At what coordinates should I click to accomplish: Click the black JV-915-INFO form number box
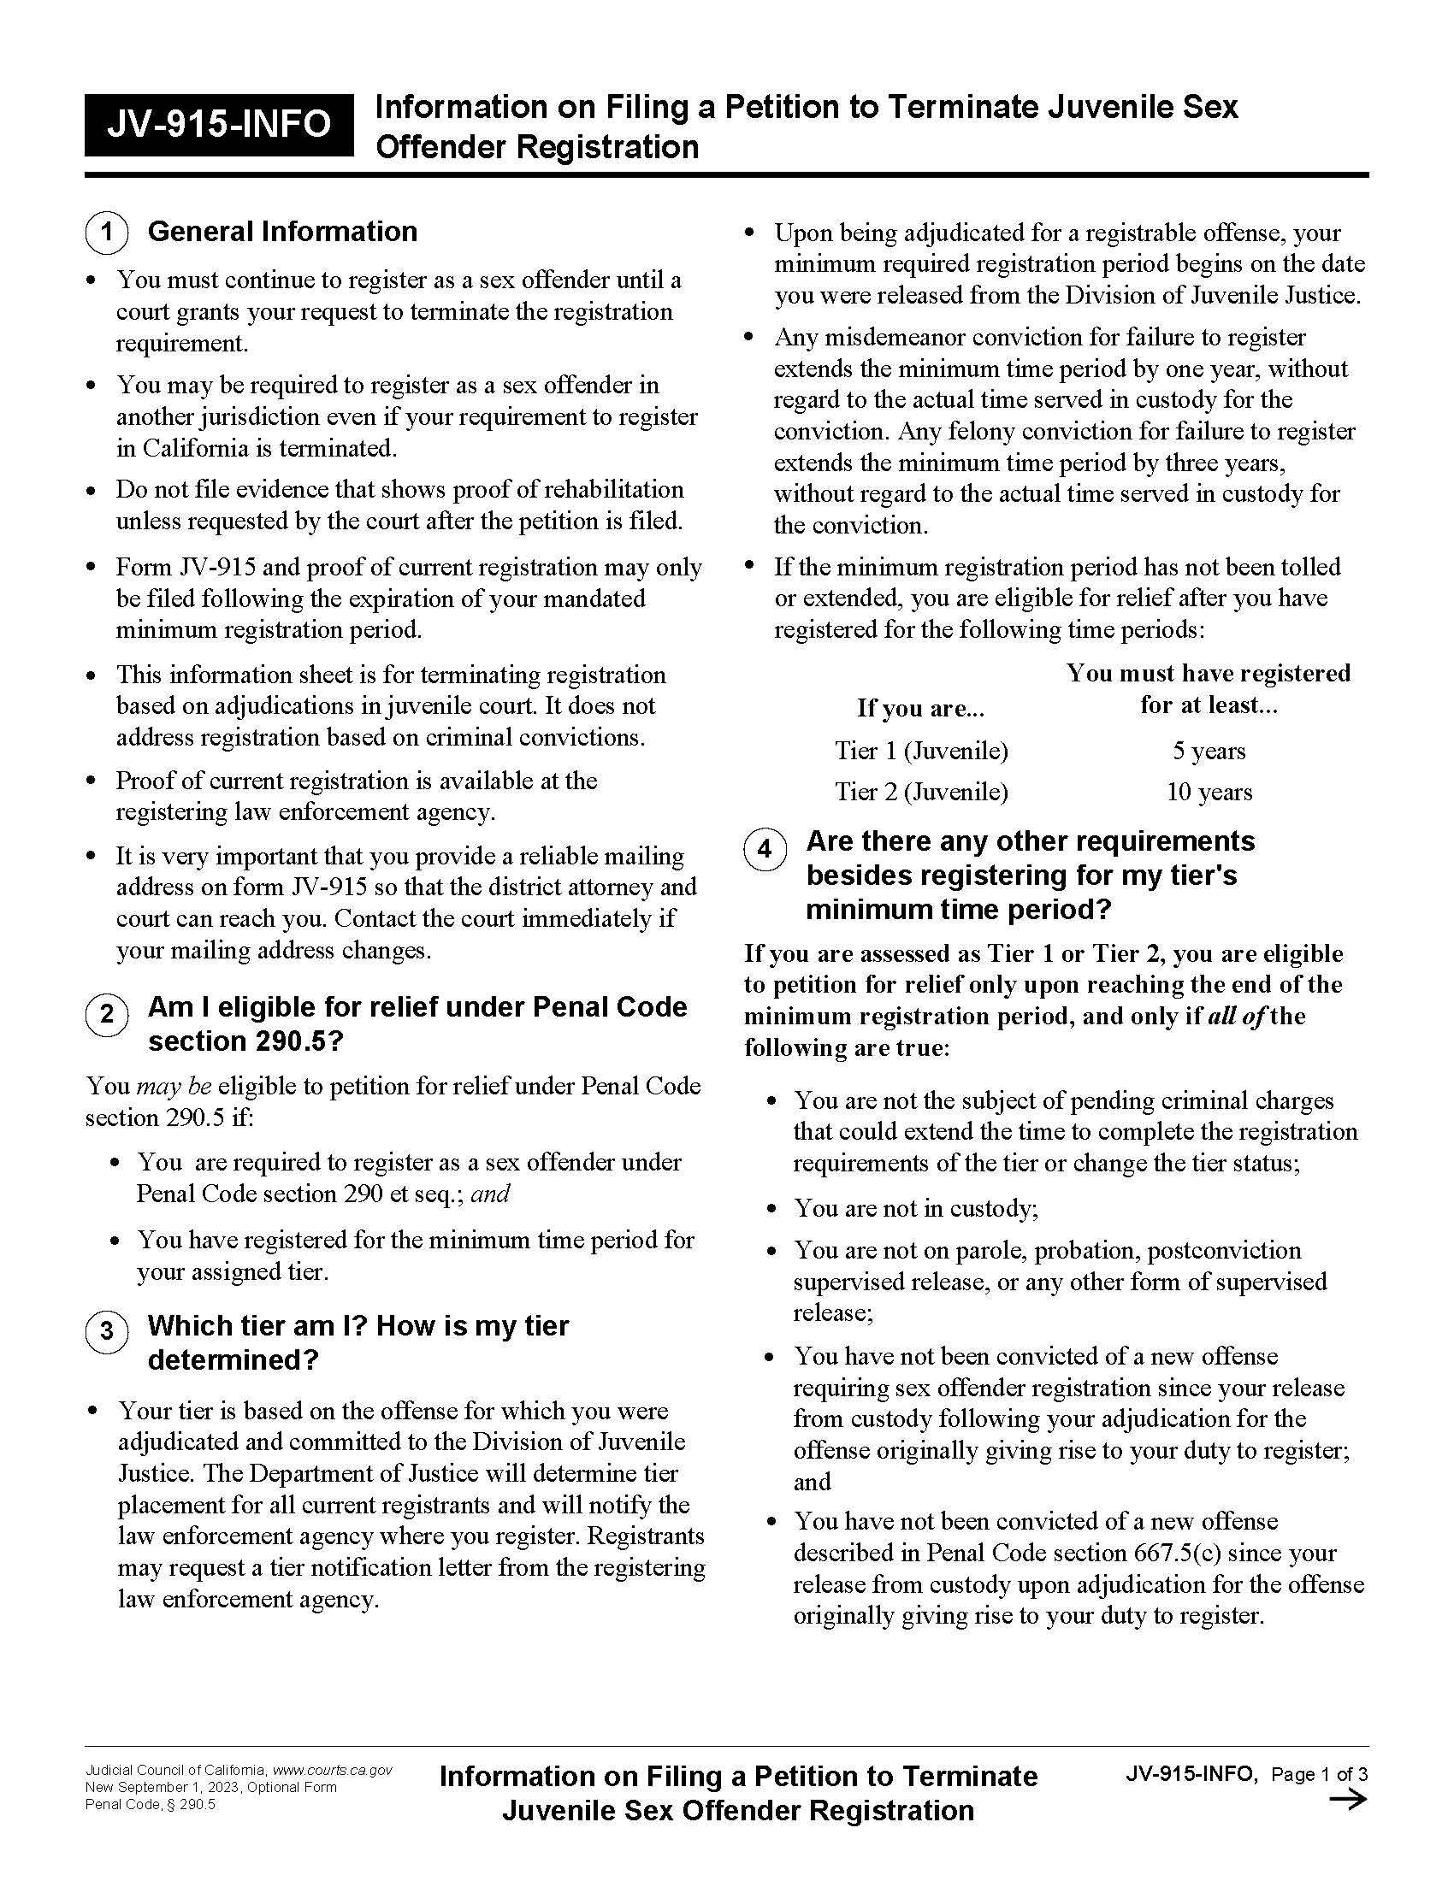(219, 125)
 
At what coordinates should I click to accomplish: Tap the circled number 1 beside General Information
(107, 233)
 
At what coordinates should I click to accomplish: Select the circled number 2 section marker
(107, 1014)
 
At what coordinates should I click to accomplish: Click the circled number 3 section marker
(107, 1331)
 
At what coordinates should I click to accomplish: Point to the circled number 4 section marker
(765, 849)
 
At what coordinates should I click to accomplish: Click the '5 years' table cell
(1209, 751)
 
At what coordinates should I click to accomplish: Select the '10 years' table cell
(1209, 793)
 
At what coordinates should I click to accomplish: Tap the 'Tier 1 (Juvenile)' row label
(921, 751)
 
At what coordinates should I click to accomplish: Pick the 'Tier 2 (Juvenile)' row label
(921, 793)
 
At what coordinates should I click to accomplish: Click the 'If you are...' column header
(920, 708)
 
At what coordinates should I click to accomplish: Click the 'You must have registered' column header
(1208, 674)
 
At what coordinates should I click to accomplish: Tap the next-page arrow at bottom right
(1348, 1800)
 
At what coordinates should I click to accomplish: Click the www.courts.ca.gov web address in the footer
(333, 1771)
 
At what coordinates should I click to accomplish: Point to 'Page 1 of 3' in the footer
(1319, 1774)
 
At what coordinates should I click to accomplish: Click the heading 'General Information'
(282, 232)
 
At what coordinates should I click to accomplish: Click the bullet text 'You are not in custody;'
(916, 1208)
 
